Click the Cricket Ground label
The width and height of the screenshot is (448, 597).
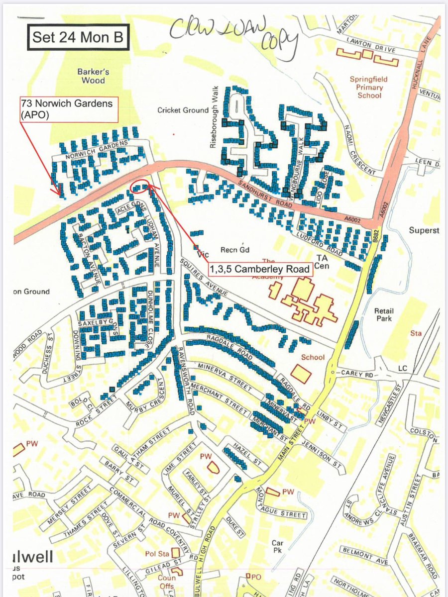pyautogui.click(x=183, y=110)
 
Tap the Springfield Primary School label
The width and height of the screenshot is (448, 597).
pyautogui.click(x=368, y=87)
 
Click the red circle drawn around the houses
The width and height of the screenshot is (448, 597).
pyautogui.click(x=139, y=187)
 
